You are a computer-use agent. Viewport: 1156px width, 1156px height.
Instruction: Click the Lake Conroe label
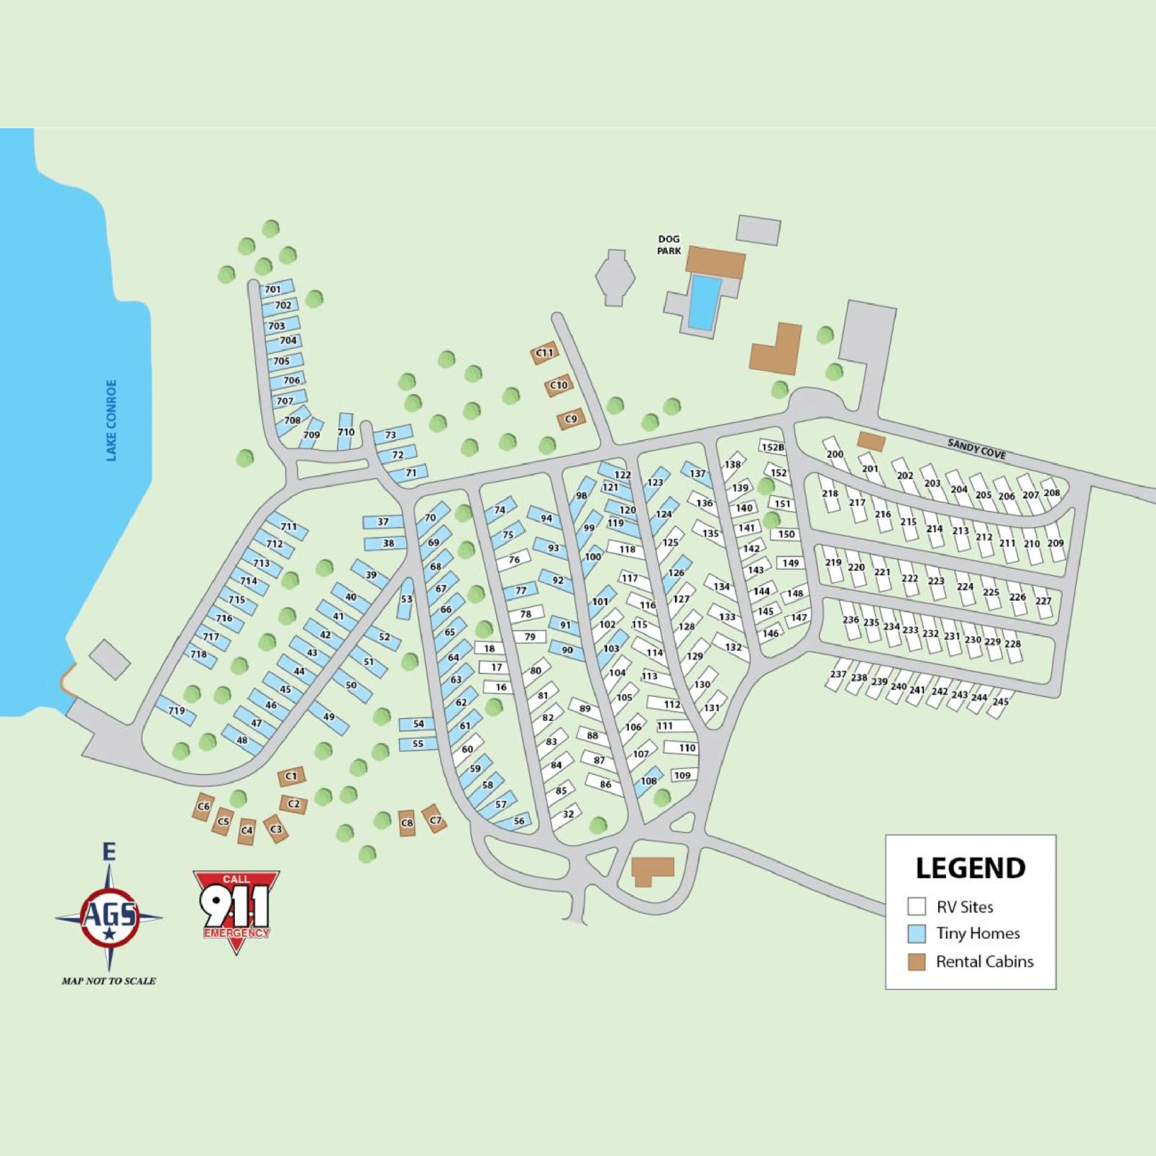(x=111, y=420)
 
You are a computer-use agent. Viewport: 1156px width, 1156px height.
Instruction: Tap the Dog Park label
(x=668, y=246)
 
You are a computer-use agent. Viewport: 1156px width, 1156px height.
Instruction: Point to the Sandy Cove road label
(x=976, y=449)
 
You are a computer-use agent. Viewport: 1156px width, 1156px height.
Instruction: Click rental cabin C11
(x=545, y=353)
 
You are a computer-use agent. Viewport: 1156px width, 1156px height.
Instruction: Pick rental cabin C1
(x=291, y=776)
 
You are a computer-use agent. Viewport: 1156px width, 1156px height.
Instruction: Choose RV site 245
(x=1000, y=702)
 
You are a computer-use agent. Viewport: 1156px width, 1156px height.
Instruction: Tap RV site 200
(x=835, y=454)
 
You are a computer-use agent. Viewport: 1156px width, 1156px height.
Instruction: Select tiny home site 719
(x=176, y=711)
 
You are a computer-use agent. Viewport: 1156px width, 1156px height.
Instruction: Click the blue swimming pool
(x=704, y=302)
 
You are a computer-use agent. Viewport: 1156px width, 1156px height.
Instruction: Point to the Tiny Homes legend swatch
(x=916, y=934)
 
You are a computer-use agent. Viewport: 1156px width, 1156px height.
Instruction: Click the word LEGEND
(x=970, y=869)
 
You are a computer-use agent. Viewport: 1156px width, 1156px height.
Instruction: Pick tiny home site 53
(x=406, y=599)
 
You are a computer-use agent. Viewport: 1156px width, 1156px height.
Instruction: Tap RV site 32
(x=568, y=814)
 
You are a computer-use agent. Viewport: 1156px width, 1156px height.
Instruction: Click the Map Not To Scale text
(x=109, y=980)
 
